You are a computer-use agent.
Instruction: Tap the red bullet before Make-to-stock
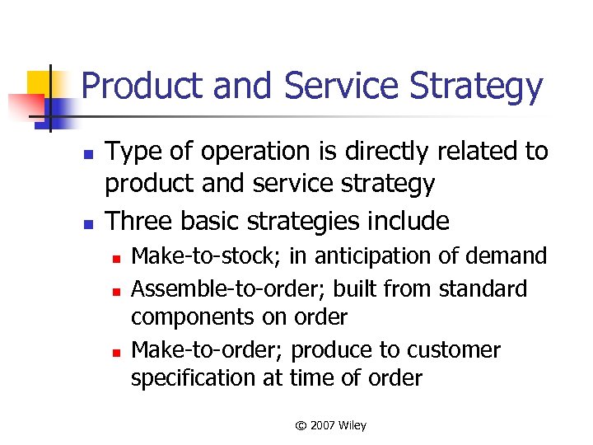coord(117,260)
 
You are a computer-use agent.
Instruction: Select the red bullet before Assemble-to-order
coord(117,291)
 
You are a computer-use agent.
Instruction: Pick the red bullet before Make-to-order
coord(117,352)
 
